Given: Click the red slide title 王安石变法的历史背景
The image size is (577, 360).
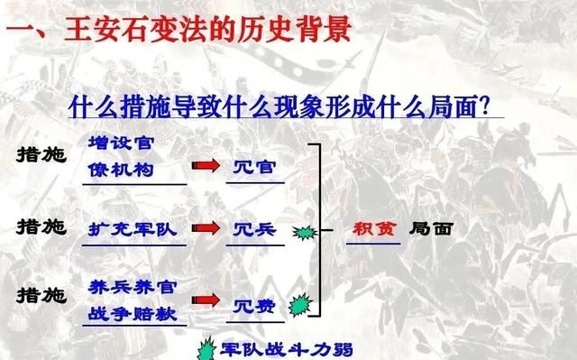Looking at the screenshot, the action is click(x=186, y=29).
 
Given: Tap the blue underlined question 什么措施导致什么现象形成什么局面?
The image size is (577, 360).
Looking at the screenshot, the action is click(x=285, y=107).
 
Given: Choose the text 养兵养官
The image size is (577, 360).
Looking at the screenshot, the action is click(x=133, y=286).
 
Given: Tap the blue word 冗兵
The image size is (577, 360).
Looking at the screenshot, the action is click(x=255, y=230).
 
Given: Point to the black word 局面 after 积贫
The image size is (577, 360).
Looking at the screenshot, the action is click(x=430, y=228).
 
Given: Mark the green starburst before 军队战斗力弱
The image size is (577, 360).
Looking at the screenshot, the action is click(x=208, y=348).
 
